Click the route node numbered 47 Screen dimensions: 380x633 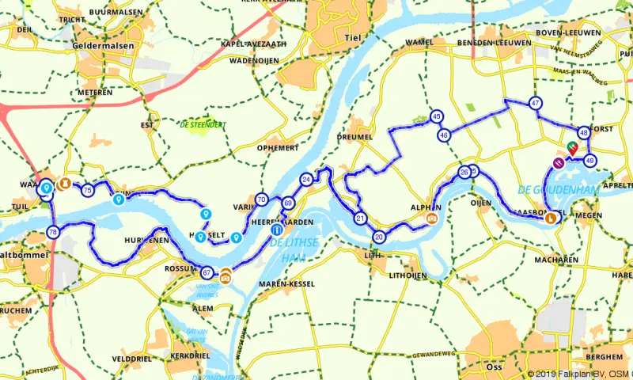(536, 104)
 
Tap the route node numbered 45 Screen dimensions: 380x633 (436, 117)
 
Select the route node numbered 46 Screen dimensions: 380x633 (444, 135)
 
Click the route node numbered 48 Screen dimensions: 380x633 (584, 133)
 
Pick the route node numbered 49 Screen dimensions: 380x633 (590, 161)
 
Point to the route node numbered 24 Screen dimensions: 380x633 (307, 180)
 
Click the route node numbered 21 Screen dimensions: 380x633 (360, 218)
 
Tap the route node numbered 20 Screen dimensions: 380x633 (380, 237)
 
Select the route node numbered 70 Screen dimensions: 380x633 (262, 199)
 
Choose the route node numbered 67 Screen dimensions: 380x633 (207, 272)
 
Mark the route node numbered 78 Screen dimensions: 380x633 (52, 233)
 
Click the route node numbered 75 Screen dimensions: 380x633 (87, 191)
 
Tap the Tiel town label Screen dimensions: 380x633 (353, 37)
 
